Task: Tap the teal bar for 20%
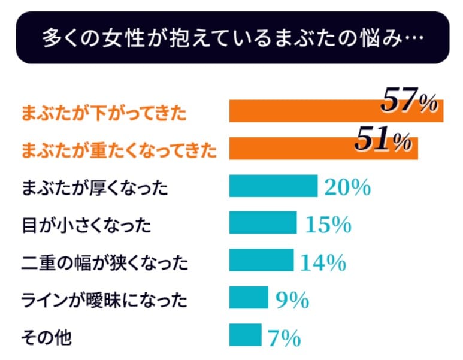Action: (x=273, y=186)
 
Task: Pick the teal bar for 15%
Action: (x=263, y=223)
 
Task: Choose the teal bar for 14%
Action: (x=261, y=261)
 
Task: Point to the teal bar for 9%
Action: (x=249, y=297)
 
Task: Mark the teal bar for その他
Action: (x=246, y=334)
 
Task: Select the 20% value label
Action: (x=347, y=187)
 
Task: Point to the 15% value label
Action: (x=328, y=225)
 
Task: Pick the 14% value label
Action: (x=323, y=262)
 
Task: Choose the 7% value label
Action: (x=283, y=338)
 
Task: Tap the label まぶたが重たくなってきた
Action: (x=119, y=150)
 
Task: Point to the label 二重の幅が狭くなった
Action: (x=104, y=262)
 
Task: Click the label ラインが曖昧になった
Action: (x=104, y=300)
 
